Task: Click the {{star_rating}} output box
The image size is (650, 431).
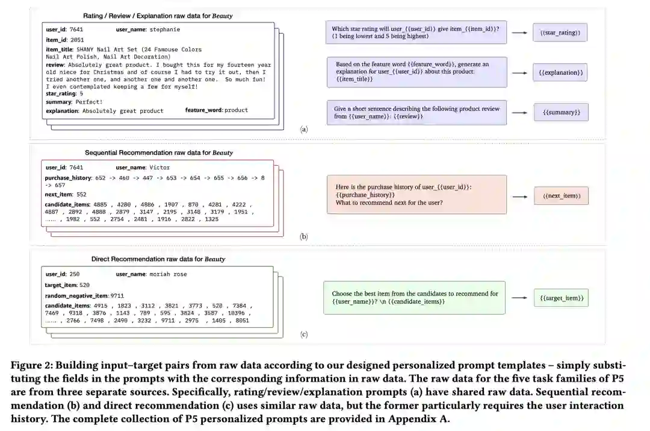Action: [559, 32]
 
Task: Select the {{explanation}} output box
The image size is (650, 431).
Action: [560, 72]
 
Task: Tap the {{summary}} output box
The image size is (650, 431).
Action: [560, 112]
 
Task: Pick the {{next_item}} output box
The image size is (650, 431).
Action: [561, 196]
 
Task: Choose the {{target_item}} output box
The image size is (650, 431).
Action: [560, 298]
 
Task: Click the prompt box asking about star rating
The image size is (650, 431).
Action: [416, 32]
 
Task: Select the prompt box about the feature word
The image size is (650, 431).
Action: [417, 72]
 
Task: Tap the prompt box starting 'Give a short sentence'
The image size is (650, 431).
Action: [417, 112]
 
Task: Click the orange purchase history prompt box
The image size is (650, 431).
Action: [416, 194]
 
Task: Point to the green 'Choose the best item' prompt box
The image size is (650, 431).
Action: [414, 297]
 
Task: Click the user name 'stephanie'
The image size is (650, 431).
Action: [165, 29]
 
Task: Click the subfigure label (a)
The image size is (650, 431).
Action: [303, 129]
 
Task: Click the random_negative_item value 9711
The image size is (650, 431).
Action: [117, 295]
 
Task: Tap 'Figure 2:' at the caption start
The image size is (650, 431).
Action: [32, 365]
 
